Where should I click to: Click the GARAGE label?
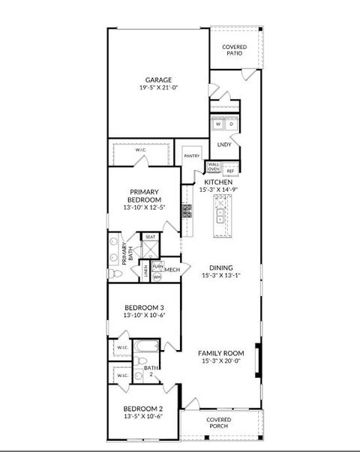click(158, 79)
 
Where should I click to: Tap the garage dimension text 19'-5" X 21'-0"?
click(158, 88)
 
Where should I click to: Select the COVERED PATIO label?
click(235, 50)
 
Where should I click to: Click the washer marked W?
click(218, 124)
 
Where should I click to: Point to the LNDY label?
click(223, 144)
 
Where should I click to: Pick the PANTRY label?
click(191, 156)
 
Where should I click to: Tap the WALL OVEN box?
click(214, 167)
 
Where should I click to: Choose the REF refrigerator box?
click(231, 170)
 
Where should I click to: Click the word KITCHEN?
click(218, 182)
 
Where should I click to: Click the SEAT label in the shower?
click(150, 237)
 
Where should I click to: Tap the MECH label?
click(172, 270)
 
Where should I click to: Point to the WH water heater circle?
click(157, 277)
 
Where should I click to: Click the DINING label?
click(221, 268)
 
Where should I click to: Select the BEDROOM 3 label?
click(143, 307)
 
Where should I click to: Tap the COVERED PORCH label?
click(219, 422)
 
